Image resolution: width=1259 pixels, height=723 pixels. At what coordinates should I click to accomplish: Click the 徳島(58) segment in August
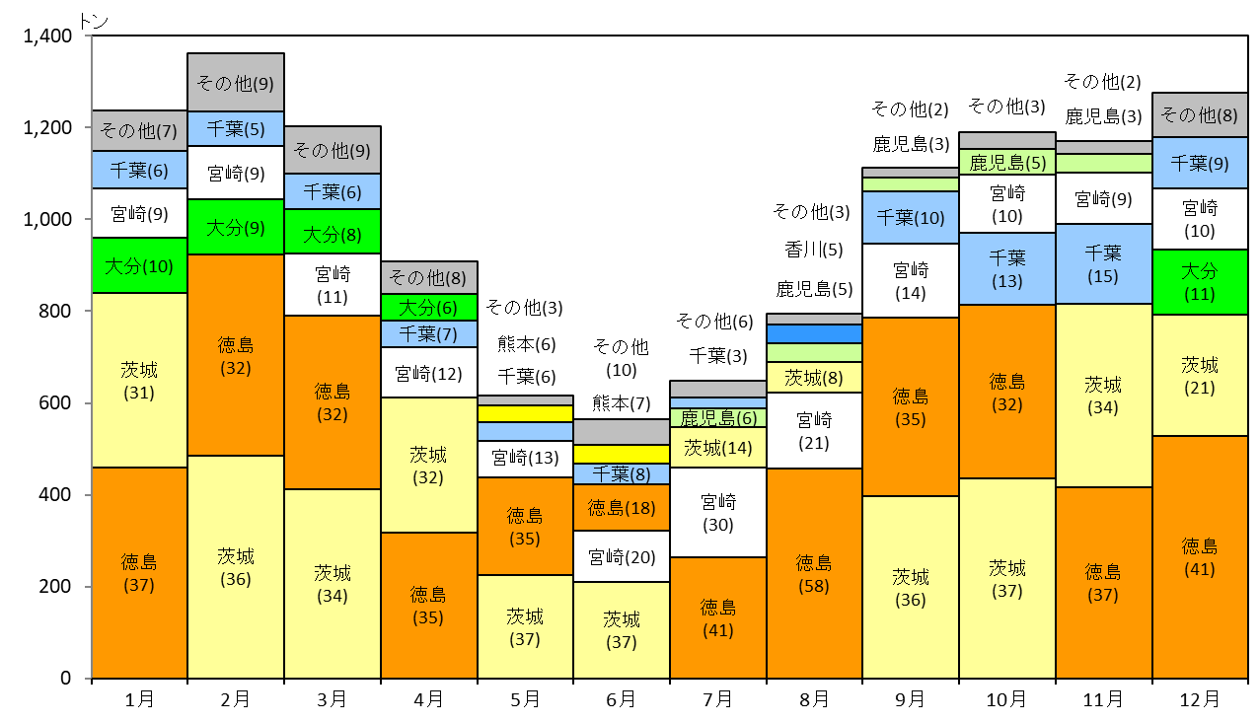(x=814, y=573)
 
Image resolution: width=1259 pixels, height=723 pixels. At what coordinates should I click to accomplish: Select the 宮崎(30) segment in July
(x=717, y=512)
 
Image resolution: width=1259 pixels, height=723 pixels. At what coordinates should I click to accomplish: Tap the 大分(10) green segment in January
(x=139, y=265)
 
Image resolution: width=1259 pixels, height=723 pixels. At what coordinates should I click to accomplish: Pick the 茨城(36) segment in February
(x=236, y=567)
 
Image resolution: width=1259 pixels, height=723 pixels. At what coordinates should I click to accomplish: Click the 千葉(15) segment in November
(x=1103, y=264)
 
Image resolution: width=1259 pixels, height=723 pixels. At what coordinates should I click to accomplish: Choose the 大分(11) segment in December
(x=1200, y=282)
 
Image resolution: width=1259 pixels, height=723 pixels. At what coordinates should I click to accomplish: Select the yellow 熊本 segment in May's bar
(x=526, y=413)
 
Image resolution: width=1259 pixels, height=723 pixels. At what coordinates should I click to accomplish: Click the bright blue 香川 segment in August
(x=814, y=333)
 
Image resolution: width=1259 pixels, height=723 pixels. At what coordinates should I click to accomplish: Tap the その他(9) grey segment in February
(x=236, y=83)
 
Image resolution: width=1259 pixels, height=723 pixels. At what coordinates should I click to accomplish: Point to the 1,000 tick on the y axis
(x=88, y=219)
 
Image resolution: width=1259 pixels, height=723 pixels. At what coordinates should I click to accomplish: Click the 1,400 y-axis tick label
(x=47, y=36)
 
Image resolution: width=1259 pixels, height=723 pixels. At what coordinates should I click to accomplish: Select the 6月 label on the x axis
(x=621, y=699)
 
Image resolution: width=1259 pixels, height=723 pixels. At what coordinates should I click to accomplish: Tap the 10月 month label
(x=1006, y=699)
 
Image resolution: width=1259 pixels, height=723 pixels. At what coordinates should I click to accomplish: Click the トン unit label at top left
(x=94, y=22)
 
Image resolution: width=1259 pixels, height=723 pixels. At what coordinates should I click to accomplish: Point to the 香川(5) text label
(x=814, y=249)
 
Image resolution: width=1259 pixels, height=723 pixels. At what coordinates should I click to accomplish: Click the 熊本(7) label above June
(x=621, y=402)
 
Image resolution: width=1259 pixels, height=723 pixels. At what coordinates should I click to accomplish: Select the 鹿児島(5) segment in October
(x=1007, y=162)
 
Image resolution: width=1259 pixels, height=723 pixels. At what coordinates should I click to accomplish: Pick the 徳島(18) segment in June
(x=621, y=507)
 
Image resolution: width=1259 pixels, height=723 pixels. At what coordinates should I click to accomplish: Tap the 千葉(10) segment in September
(x=911, y=217)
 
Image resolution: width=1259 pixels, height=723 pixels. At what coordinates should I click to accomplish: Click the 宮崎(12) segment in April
(x=429, y=373)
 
